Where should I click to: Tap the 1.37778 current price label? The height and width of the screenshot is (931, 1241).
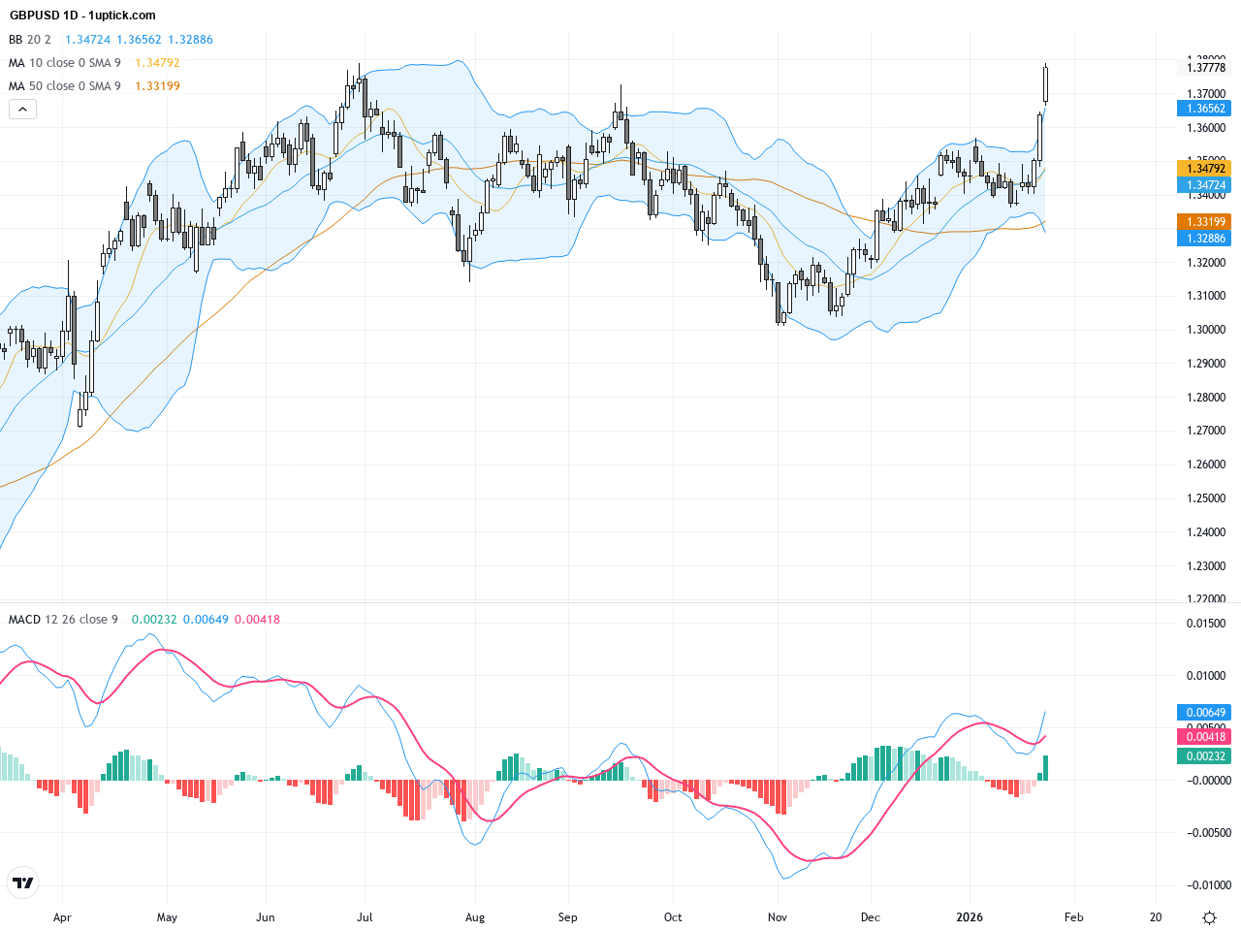coord(1205,68)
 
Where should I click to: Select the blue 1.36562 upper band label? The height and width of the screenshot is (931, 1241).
coord(1205,109)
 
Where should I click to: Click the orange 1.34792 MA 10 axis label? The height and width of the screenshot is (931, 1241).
coord(1205,169)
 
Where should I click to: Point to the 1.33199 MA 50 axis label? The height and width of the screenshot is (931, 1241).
coord(1205,222)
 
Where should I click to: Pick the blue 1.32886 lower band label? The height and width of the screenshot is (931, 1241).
coord(1205,239)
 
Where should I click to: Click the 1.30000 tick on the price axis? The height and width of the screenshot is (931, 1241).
coord(1205,330)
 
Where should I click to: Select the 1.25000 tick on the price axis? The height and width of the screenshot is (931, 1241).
coord(1205,498)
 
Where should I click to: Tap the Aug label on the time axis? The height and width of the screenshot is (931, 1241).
coord(475,917)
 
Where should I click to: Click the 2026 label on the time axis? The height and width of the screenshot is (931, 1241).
coord(970,917)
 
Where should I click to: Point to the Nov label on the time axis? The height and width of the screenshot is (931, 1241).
coord(777,917)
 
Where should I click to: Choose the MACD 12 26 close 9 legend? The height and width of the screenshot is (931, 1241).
coord(63,620)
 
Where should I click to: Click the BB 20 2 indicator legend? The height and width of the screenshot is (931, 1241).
coord(30,40)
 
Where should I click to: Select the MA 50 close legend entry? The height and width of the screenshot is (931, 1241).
coord(65,86)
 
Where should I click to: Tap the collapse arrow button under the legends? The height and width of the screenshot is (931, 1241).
coord(22,110)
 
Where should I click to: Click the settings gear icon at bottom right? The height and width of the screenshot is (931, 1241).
coord(1209,917)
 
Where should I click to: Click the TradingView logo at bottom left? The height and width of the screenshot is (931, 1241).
coord(22,883)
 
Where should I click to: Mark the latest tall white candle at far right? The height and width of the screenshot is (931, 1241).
coord(1046,83)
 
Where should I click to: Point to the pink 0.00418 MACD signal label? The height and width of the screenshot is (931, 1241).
coord(1205,737)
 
